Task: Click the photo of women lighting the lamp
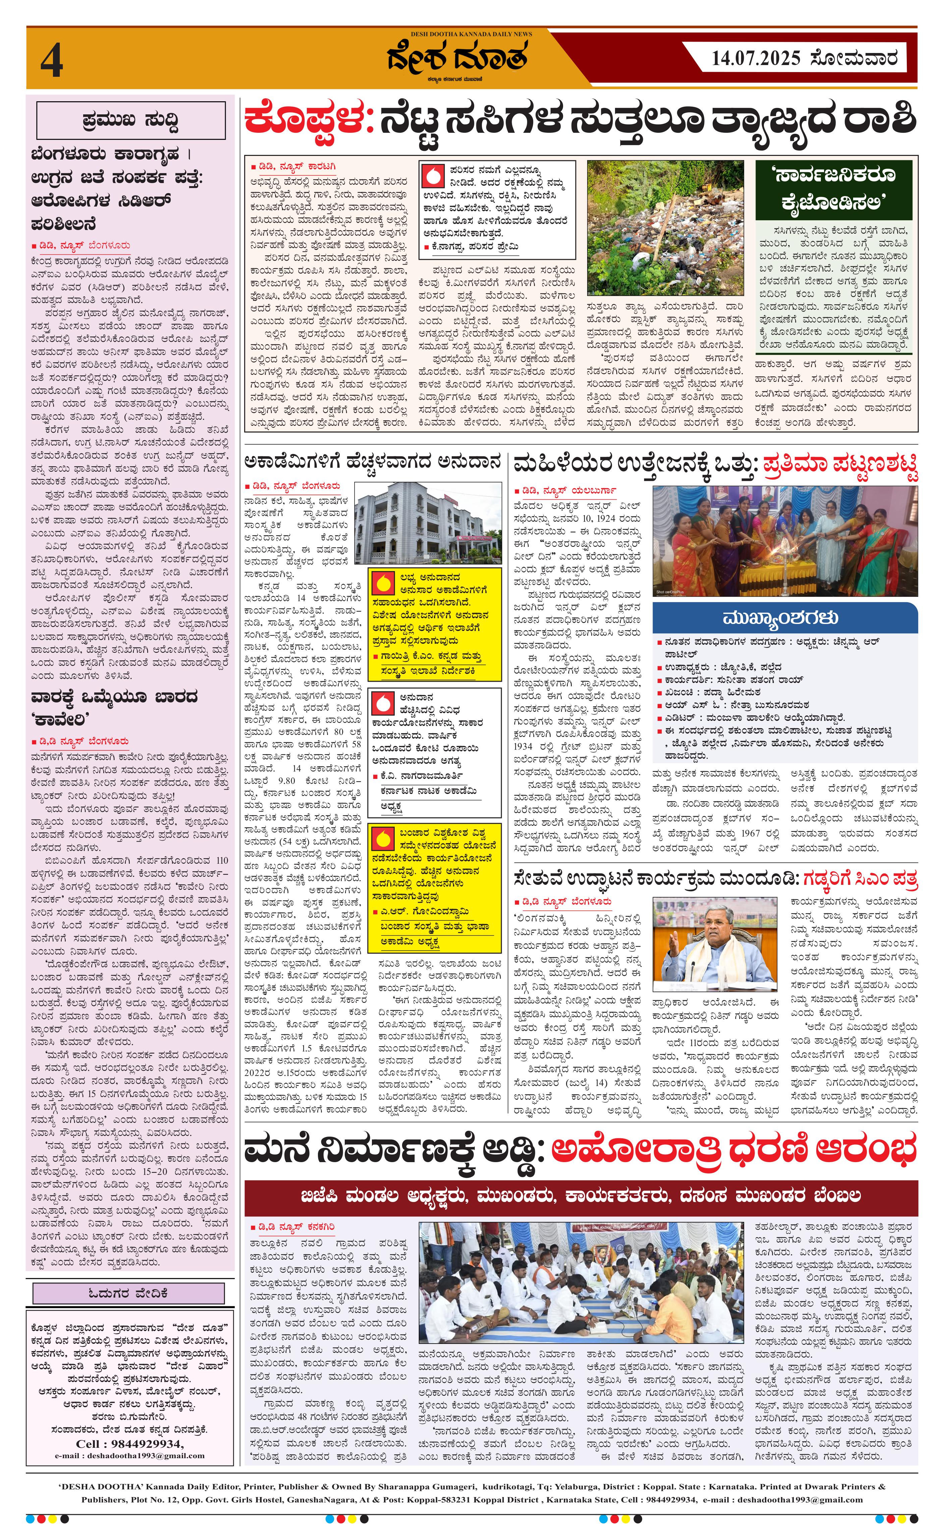click(785, 540)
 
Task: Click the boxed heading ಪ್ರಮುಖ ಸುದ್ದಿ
click(131, 120)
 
